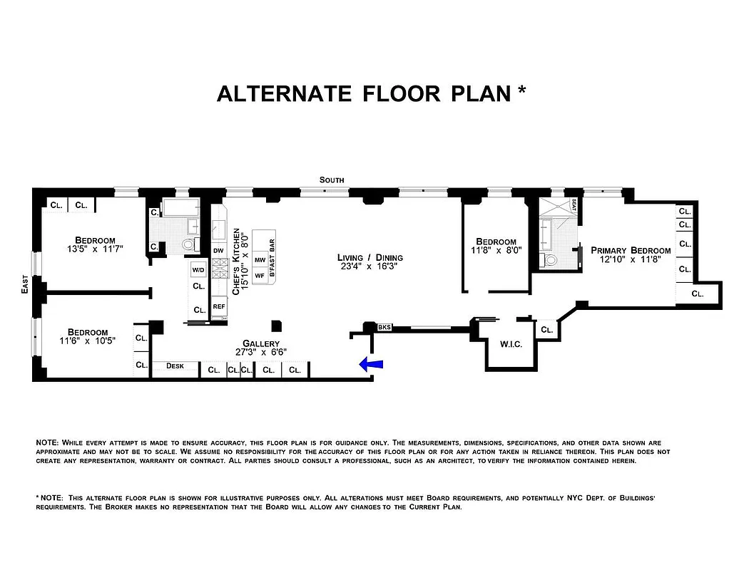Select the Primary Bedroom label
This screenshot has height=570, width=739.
coord(631,250)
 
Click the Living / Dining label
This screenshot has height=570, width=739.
coord(370,257)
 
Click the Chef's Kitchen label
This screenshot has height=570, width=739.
coord(235,264)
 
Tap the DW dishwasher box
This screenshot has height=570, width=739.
coord(219,251)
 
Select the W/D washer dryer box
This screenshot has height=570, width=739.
coord(198,269)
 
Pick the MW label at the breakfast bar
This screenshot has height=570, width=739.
coord(260,261)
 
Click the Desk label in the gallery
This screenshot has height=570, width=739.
coord(175,366)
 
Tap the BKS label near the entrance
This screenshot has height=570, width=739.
coord(384,328)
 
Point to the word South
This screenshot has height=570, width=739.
coord(332,180)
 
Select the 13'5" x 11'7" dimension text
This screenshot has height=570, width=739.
coord(95,250)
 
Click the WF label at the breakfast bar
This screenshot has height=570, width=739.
coord(260,275)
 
